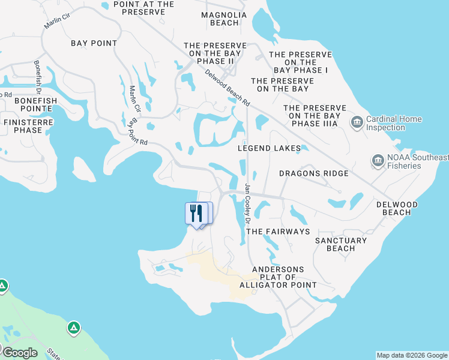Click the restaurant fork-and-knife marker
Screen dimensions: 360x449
[196, 213]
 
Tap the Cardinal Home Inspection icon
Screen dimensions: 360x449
[357, 123]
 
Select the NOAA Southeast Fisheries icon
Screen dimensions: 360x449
[378, 161]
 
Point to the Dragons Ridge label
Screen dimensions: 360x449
[313, 173]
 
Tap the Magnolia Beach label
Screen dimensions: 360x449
[224, 19]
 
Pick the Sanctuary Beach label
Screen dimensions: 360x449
[341, 244]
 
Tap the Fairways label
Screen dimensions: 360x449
[278, 231]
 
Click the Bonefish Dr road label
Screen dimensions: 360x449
[37, 77]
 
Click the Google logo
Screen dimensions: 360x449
[20, 353]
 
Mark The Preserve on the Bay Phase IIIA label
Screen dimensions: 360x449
[315, 116]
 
